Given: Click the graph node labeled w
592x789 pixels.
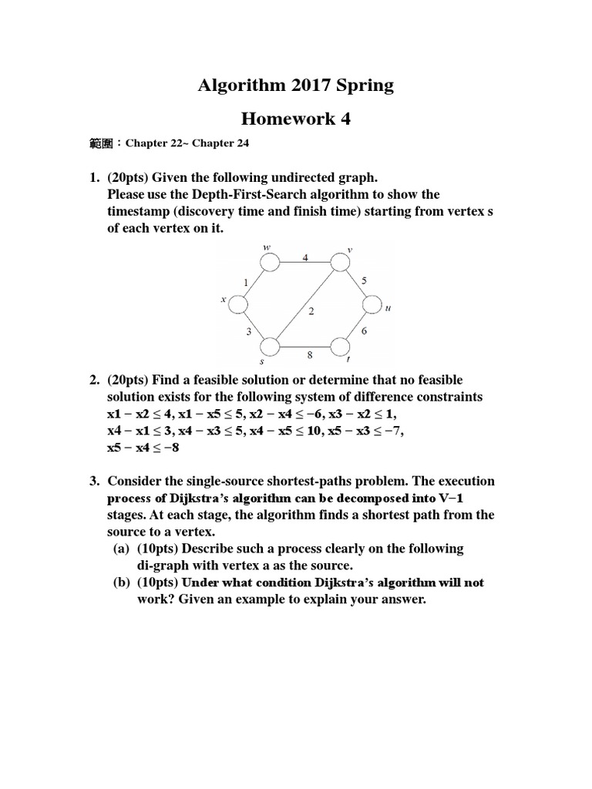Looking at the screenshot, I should (270, 264).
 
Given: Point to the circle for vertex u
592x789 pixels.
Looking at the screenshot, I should (372, 306).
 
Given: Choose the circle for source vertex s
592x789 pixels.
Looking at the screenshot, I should (270, 347).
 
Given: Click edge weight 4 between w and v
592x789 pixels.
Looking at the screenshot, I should (305, 257).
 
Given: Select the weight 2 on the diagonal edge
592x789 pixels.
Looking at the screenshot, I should (311, 311).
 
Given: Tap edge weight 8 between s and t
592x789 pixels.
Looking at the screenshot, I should (310, 356).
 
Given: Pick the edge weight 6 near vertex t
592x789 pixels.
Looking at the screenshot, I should (364, 330).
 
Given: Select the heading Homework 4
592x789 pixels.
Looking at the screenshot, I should (289, 119).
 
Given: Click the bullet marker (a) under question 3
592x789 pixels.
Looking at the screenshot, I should (123, 549).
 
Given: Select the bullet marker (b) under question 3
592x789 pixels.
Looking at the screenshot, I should (123, 583).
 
